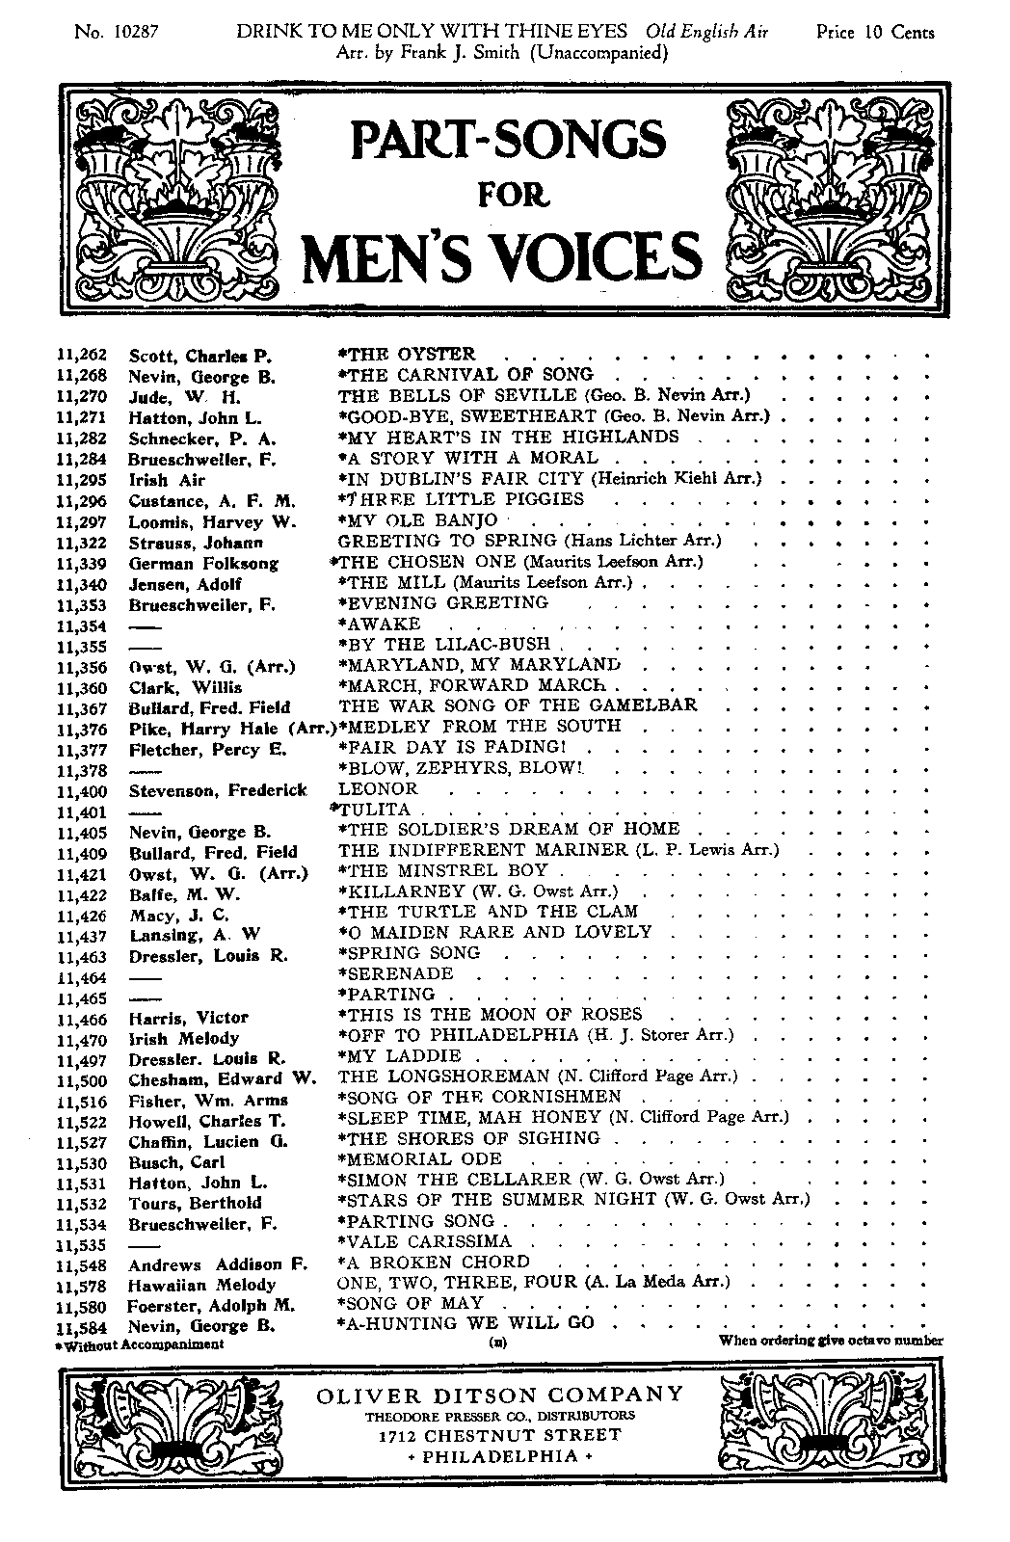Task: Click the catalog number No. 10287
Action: [x=116, y=33]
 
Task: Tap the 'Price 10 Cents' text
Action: [x=874, y=33]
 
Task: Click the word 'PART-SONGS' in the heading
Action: [x=508, y=140]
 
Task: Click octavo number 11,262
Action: [x=84, y=356]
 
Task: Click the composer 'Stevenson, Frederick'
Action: [x=218, y=790]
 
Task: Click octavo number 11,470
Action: [x=84, y=1039]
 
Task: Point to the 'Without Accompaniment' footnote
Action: [x=140, y=1343]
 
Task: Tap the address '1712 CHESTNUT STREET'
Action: [x=500, y=1435]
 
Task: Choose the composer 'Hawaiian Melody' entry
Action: [x=201, y=1286]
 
